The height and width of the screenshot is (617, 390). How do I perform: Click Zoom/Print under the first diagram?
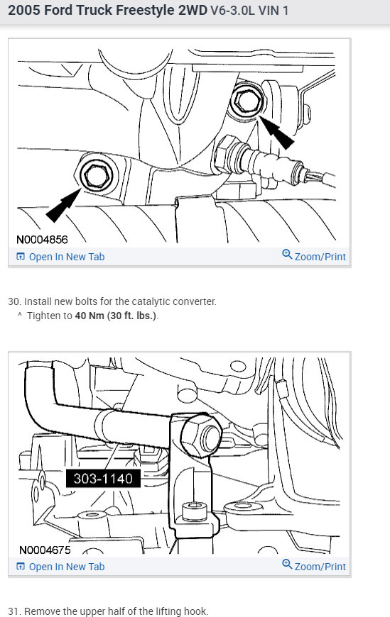314,256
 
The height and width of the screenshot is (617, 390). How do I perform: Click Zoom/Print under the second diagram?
314,566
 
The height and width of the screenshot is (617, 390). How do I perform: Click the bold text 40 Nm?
88,316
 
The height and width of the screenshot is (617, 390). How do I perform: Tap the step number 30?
13,301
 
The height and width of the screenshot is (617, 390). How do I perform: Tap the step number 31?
13,611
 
